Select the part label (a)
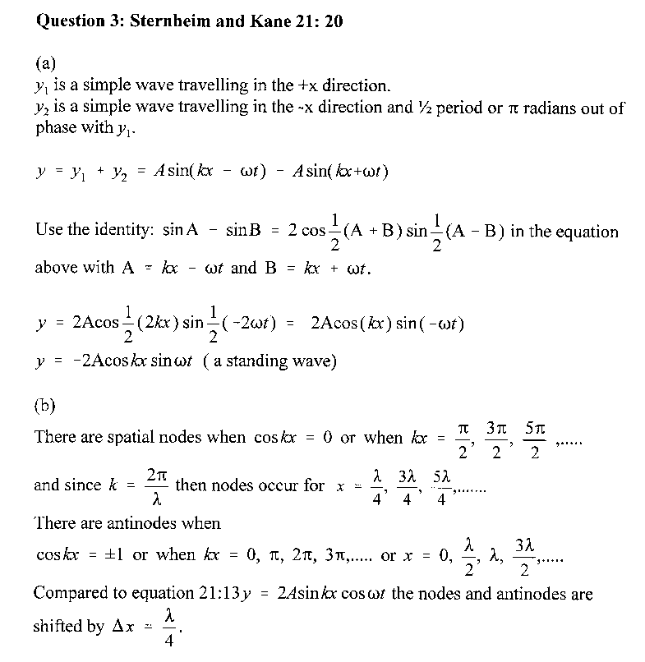[47, 63]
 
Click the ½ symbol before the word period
[418, 107]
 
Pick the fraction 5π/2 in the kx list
[534, 443]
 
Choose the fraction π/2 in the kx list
[463, 443]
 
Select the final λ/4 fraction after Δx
[168, 628]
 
